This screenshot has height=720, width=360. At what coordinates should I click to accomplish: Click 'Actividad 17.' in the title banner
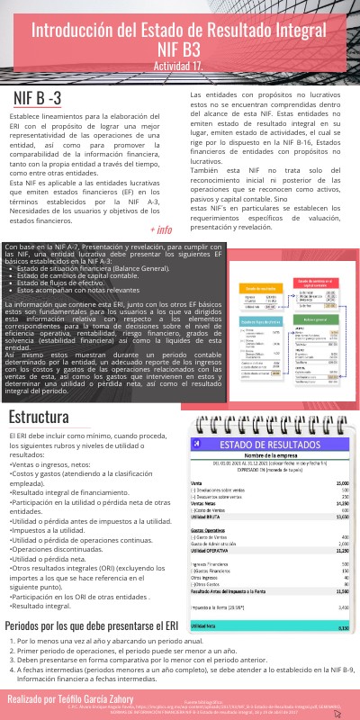tap(180, 67)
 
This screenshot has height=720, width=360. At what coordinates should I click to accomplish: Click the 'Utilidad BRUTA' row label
tap(208, 517)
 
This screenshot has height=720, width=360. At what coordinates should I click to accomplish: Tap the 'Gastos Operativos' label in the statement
tap(211, 531)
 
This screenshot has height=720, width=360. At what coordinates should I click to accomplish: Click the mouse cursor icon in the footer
tap(337, 711)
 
